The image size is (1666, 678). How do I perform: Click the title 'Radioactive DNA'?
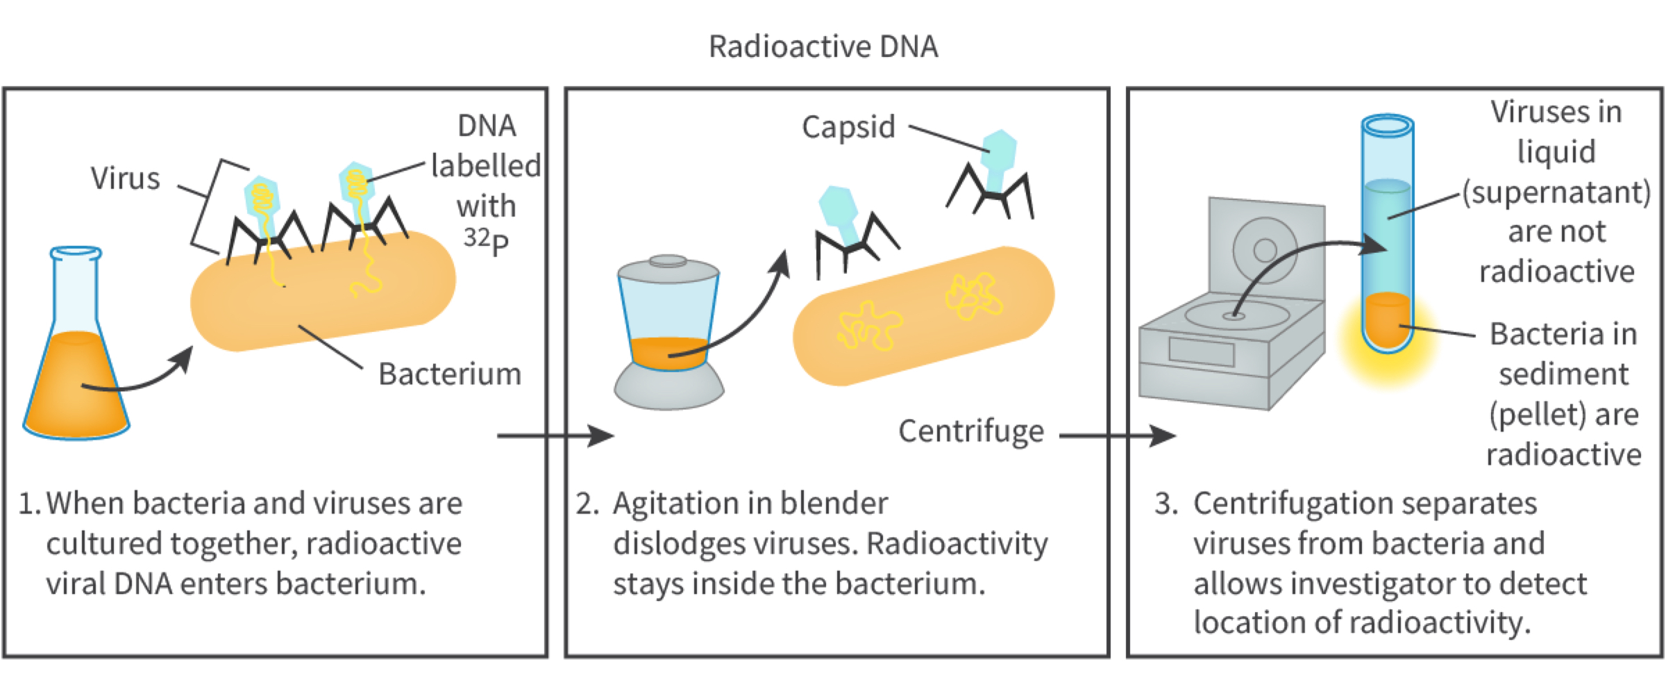coord(823,47)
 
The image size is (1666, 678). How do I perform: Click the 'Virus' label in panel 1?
coord(125,179)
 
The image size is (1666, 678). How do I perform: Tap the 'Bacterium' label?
coord(449,374)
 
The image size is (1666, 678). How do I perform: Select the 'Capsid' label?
coord(848,127)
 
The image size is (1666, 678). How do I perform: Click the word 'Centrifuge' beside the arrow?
coord(970,431)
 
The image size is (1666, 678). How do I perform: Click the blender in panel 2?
coord(668,333)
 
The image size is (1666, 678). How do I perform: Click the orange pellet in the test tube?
coord(1387,320)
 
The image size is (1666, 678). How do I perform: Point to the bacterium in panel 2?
coord(923,316)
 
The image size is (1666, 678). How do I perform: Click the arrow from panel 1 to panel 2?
coord(555,436)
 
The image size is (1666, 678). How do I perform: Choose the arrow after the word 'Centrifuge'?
coord(1118,436)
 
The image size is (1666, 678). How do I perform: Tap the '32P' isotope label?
coord(486,240)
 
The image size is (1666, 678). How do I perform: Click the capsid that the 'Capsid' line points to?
coord(1000,149)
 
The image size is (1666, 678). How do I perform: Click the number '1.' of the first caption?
coord(29,504)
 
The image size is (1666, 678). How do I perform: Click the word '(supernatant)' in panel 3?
coord(1556,192)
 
